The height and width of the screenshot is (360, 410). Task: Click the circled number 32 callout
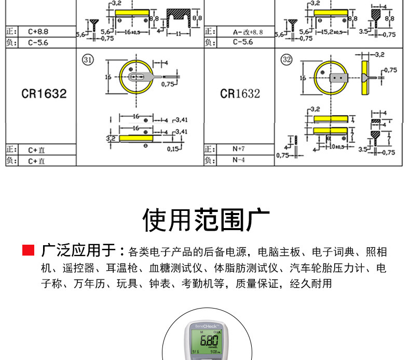coord(286,59)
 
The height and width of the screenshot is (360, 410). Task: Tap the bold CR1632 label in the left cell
coord(44,94)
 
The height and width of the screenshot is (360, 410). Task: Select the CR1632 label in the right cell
coord(240,94)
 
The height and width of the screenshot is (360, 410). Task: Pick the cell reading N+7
coord(238,149)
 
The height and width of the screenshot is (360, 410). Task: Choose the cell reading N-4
coord(238,161)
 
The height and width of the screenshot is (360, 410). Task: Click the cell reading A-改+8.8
coord(248,32)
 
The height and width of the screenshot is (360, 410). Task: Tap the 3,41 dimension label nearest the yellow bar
coord(181,132)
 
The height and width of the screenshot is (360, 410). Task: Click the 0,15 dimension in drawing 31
coord(172,149)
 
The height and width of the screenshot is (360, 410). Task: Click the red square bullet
coord(28,251)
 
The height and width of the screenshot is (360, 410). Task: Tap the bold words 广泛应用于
coord(78,251)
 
